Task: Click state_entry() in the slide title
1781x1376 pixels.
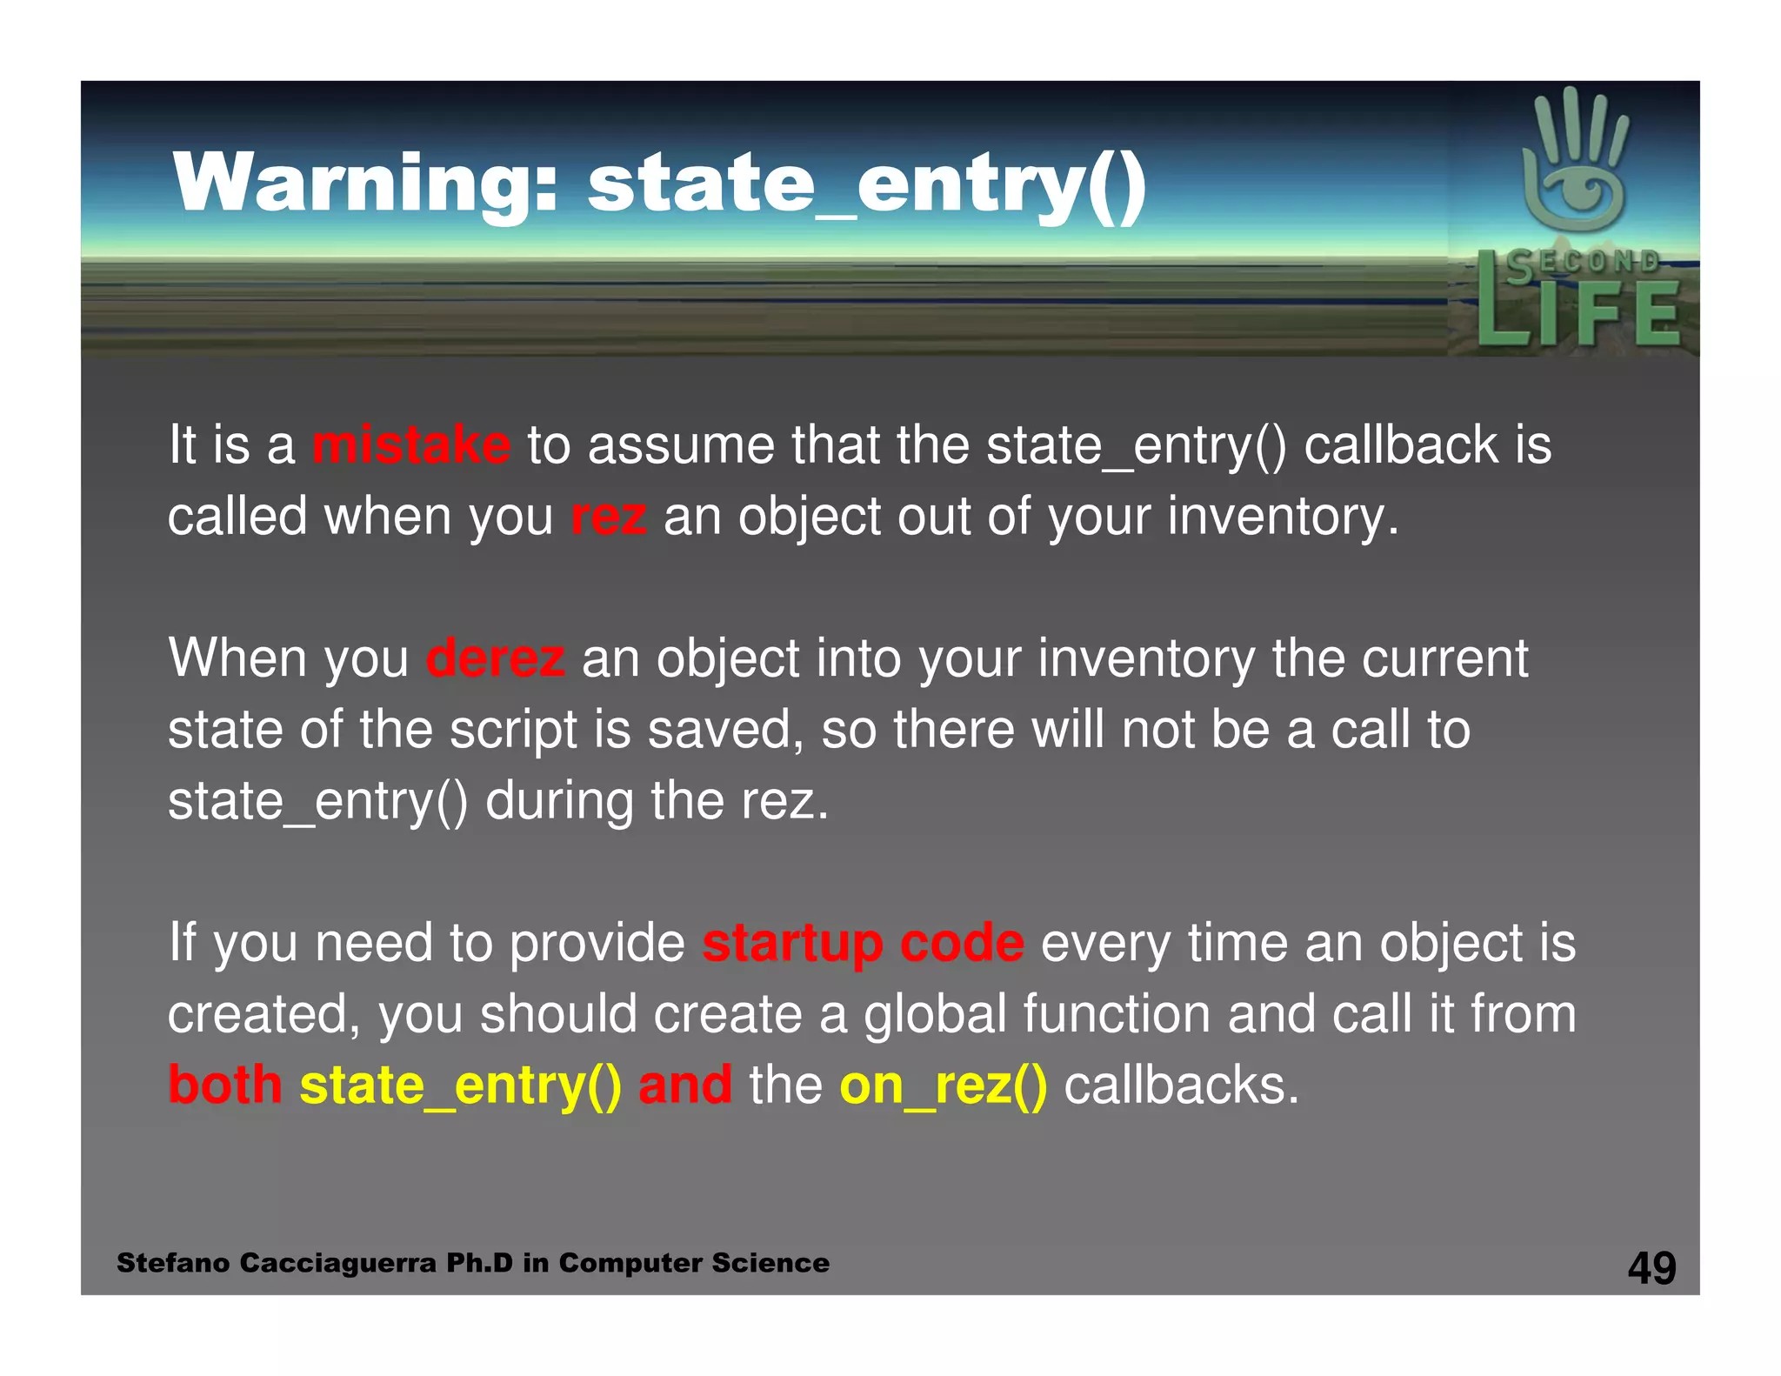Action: pyautogui.click(x=866, y=184)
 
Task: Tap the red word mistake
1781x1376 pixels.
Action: pyautogui.click(x=410, y=445)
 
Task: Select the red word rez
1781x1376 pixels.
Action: pyautogui.click(x=608, y=517)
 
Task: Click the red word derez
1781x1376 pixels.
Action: pyautogui.click(x=495, y=658)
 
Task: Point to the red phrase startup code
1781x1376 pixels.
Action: pyautogui.click(x=863, y=943)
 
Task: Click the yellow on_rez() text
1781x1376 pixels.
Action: pyautogui.click(x=943, y=1085)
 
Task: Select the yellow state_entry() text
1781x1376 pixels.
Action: pyautogui.click(x=460, y=1085)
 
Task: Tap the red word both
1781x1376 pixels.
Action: pyautogui.click(x=225, y=1085)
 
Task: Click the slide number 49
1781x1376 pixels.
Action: pyautogui.click(x=1651, y=1267)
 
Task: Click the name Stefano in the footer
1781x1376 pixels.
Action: pyautogui.click(x=173, y=1263)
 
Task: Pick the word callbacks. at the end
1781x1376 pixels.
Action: pyautogui.click(x=1181, y=1085)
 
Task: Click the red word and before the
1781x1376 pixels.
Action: pyautogui.click(x=685, y=1085)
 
